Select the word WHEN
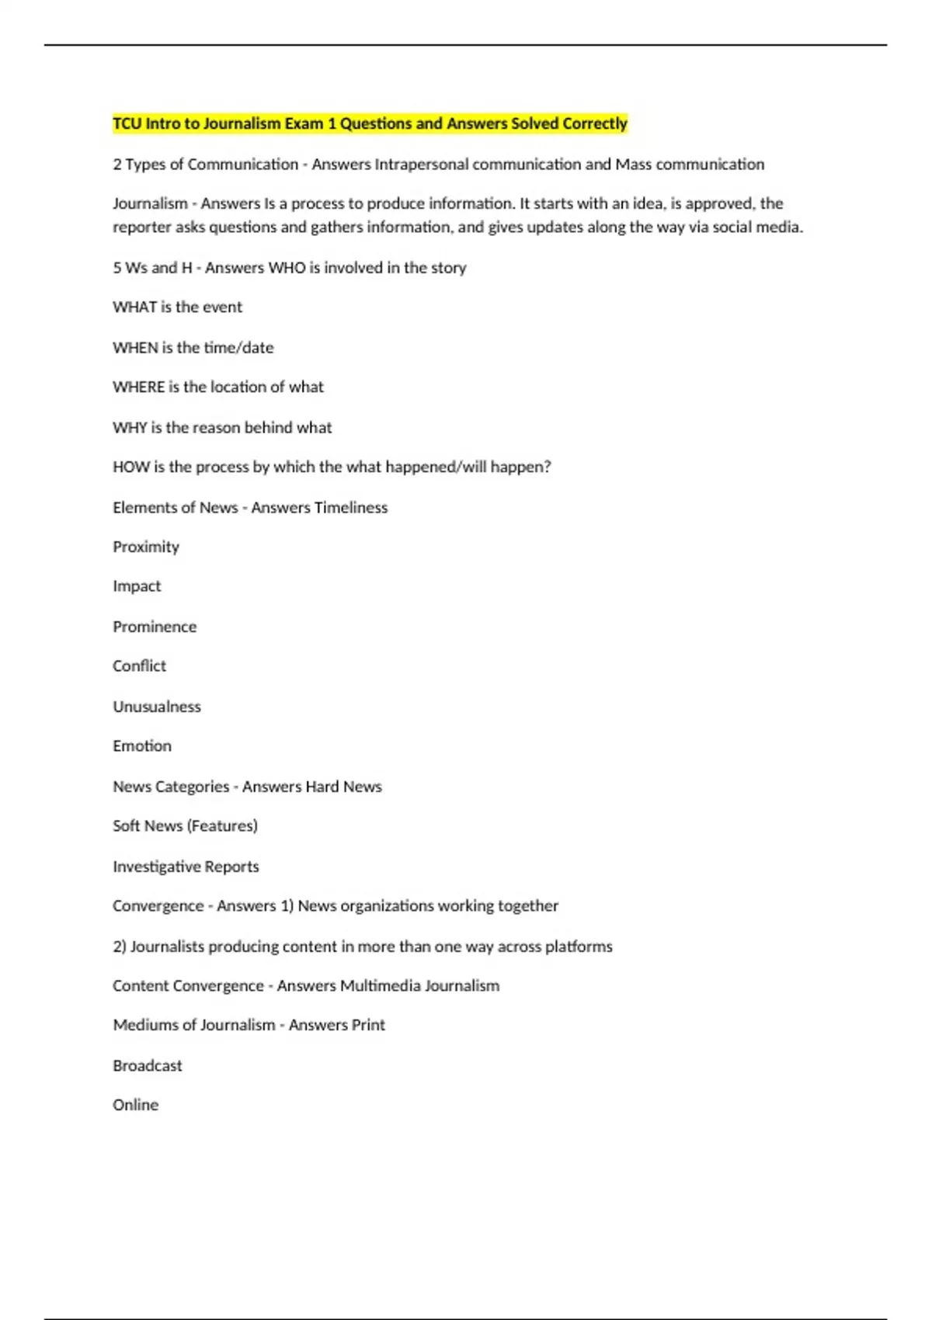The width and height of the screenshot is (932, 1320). tap(135, 348)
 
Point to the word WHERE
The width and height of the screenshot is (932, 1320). tap(138, 387)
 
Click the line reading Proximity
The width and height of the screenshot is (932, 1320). tap(146, 547)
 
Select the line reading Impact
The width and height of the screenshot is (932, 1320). tap(137, 586)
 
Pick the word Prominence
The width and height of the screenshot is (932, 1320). tap(155, 627)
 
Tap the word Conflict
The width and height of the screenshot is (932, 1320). tap(139, 666)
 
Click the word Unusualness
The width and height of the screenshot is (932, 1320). tap(157, 707)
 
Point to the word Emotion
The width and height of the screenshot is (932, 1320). tap(142, 746)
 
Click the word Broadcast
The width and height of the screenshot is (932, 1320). tap(148, 1066)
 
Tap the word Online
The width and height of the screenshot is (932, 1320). tap(135, 1105)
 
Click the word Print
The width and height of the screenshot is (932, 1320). tap(368, 1025)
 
